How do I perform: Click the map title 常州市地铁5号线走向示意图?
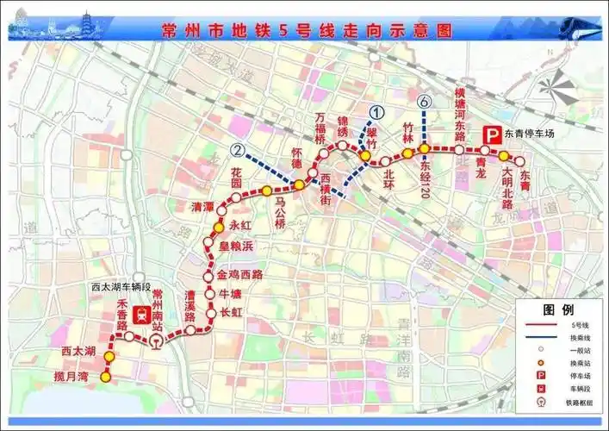tap(307, 30)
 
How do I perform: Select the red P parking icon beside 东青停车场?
tap(493, 134)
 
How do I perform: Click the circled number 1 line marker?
tap(376, 111)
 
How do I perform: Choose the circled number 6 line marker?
tap(424, 103)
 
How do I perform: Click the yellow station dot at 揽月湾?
tap(106, 377)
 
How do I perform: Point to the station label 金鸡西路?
tap(239, 276)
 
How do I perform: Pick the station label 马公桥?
tap(279, 210)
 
